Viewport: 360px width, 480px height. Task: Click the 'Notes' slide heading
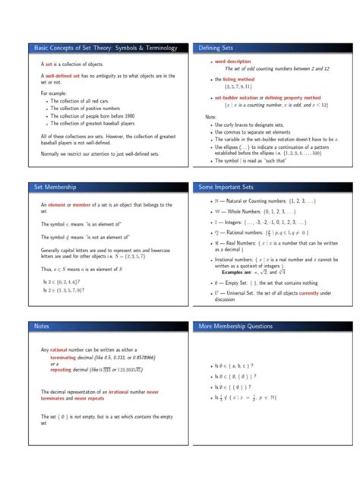(x=43, y=326)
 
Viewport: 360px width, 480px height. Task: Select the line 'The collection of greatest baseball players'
(x=99, y=123)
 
